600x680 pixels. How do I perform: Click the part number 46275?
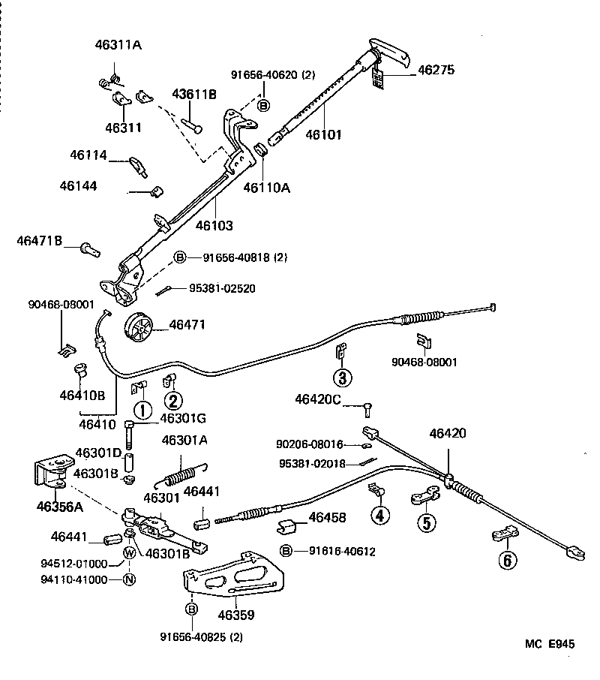click(436, 70)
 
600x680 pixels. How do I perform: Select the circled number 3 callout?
click(342, 378)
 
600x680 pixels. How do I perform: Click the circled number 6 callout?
click(508, 559)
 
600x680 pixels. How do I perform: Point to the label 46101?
click(323, 135)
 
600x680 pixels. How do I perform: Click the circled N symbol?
click(129, 579)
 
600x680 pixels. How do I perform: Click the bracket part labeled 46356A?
click(48, 475)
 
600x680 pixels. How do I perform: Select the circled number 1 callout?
click(140, 410)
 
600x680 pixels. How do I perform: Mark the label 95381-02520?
click(221, 288)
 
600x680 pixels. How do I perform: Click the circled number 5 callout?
click(426, 523)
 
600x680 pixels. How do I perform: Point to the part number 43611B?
click(194, 94)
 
